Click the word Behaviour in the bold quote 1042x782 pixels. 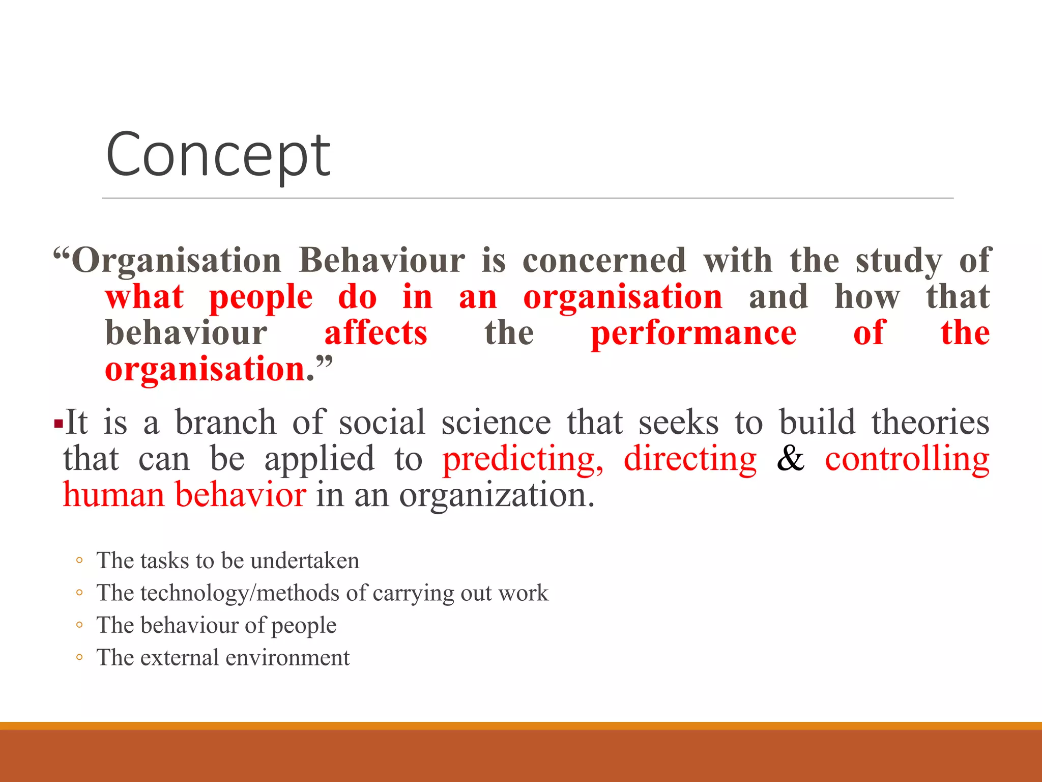click(382, 261)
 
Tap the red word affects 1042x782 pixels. click(375, 333)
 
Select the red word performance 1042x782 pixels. click(693, 333)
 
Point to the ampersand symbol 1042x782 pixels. click(790, 459)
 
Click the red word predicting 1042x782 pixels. click(523, 460)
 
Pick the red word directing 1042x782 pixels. click(690, 460)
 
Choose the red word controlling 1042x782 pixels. click(907, 460)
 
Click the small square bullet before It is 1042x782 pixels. click(59, 424)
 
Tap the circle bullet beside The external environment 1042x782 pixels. click(79, 657)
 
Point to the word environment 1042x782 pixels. click(287, 658)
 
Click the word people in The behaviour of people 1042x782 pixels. click(303, 626)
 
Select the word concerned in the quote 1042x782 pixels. click(604, 261)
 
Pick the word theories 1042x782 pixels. click(930, 423)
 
